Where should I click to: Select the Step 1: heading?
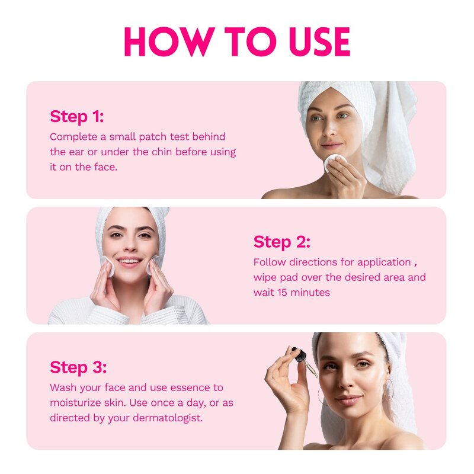[76, 116]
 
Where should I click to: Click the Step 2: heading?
[281, 242]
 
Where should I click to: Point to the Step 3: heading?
[78, 367]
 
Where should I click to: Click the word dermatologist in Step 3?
[170, 418]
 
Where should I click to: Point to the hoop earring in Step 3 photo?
[390, 390]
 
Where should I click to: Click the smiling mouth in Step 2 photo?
[130, 261]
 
